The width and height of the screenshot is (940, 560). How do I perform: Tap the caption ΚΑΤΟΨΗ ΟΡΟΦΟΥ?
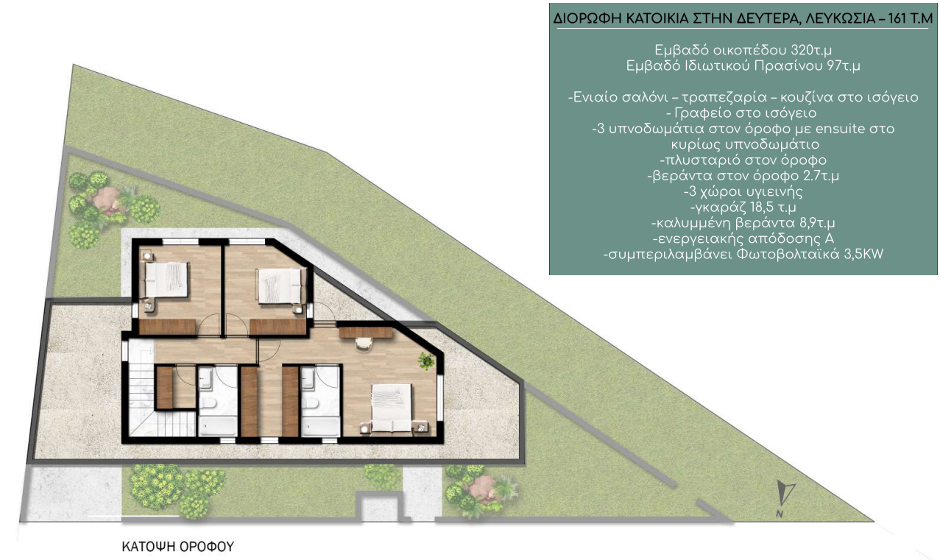177,547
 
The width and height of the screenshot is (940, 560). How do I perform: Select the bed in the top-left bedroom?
166,280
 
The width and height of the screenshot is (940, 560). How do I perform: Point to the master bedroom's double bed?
391,408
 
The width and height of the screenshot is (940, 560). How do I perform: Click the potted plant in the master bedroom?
427,361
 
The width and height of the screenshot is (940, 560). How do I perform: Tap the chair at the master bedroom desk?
364,343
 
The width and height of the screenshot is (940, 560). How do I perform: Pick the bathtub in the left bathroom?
217,427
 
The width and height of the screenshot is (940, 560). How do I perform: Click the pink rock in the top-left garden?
107,200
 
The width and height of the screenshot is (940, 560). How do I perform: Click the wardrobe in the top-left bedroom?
167,327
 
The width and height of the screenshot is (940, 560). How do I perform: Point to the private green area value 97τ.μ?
843,66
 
